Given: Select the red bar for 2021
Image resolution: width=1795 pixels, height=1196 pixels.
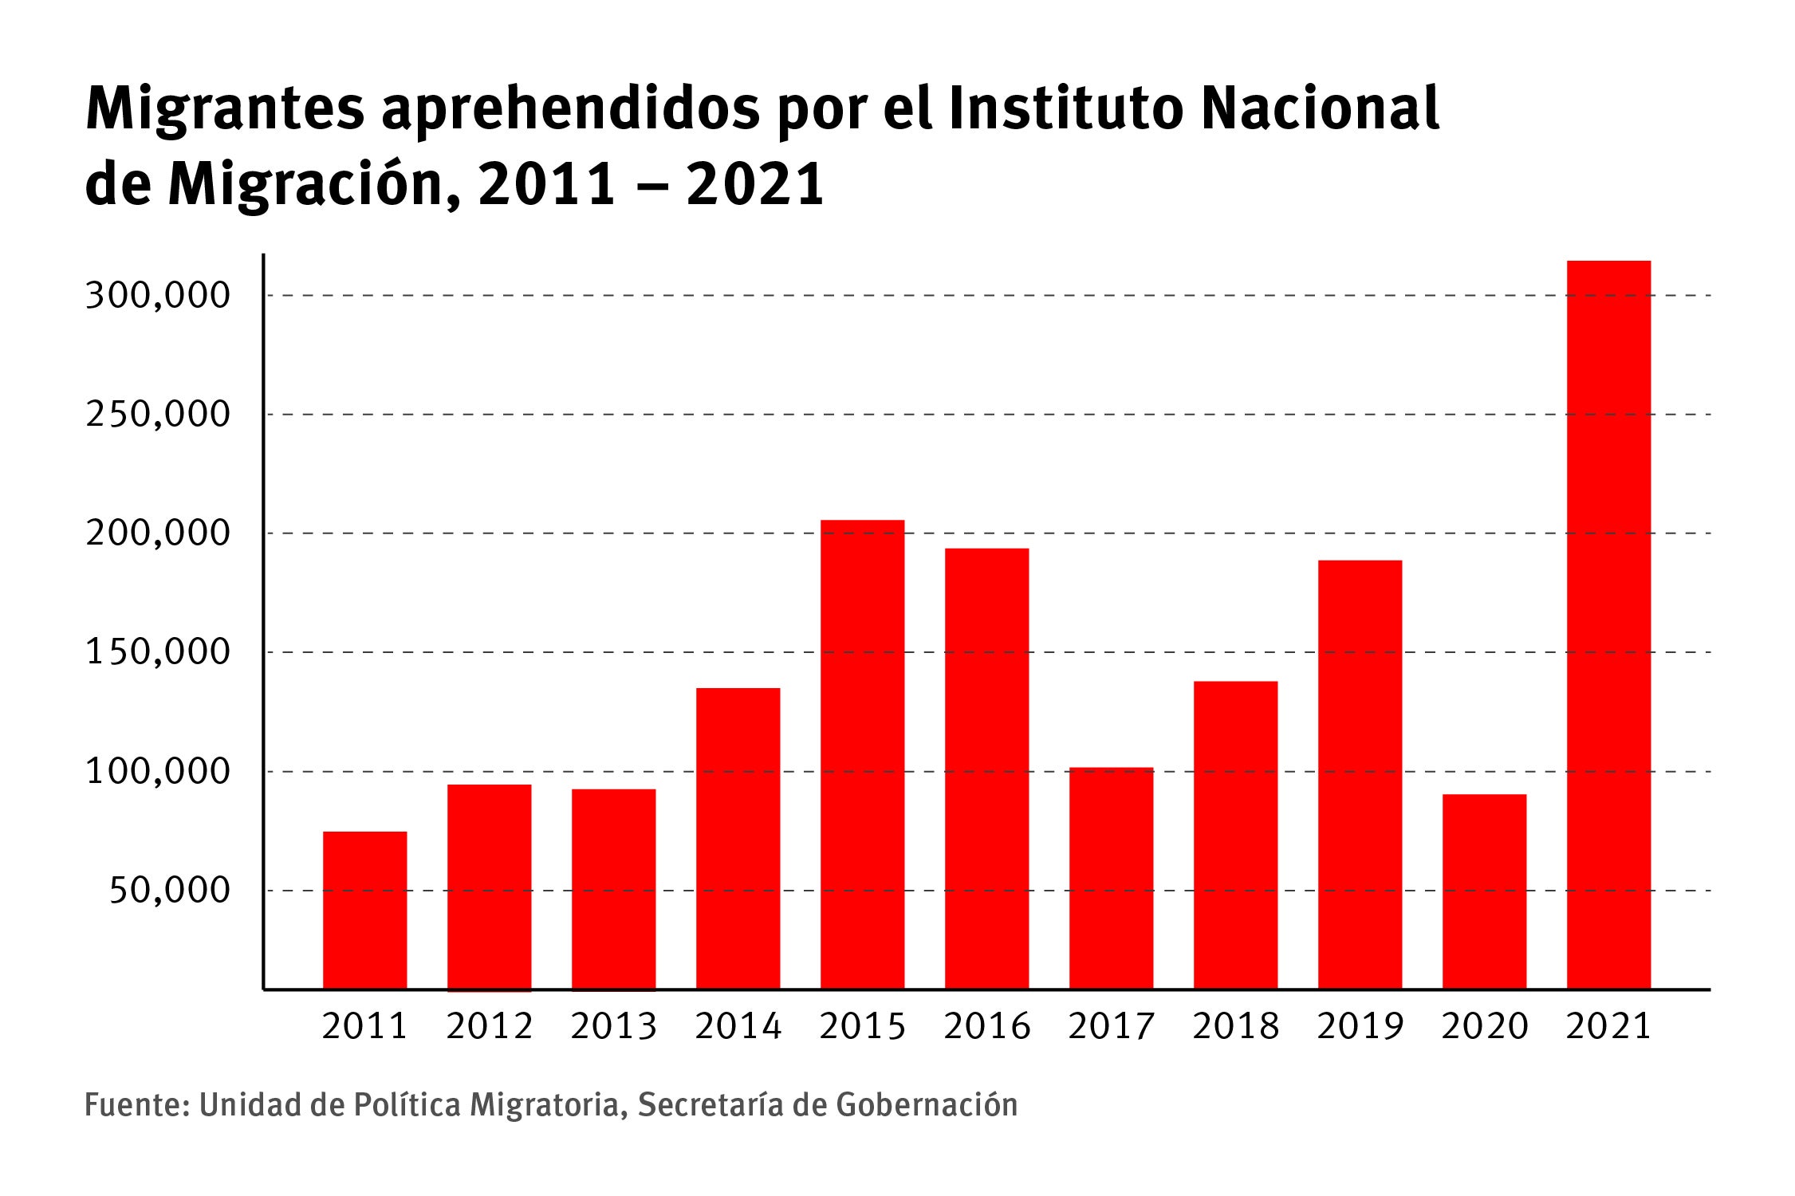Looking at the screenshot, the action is (1608, 624).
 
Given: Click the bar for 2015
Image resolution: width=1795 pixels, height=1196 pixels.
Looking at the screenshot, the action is (862, 754).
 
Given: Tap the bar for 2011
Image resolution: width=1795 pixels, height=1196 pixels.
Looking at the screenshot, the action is (364, 910).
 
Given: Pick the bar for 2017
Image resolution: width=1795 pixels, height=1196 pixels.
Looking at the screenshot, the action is (1111, 878).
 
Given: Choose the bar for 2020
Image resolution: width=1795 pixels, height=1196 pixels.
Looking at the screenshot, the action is (1484, 891).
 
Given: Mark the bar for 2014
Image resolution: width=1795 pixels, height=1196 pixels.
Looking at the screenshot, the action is (738, 838).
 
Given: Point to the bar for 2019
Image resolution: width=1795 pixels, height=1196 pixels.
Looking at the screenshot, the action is (1360, 774).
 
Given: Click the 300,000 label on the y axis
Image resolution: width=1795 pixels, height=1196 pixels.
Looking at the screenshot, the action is (157, 296).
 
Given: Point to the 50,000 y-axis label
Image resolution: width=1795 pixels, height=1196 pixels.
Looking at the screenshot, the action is (169, 890).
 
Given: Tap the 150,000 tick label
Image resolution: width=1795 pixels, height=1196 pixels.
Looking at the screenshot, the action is (157, 652).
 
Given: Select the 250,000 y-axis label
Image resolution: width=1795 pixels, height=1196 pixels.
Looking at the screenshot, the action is (157, 415).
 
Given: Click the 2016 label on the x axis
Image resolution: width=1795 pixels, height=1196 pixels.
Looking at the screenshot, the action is (987, 1025).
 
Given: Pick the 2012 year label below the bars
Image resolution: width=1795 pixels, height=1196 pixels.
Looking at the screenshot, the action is (490, 1025).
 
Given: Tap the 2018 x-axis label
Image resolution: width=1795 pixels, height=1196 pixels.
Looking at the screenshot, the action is (1236, 1025).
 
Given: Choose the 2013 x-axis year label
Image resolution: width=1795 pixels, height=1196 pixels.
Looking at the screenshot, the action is (614, 1025).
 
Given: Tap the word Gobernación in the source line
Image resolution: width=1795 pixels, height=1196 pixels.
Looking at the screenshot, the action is (927, 1105).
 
